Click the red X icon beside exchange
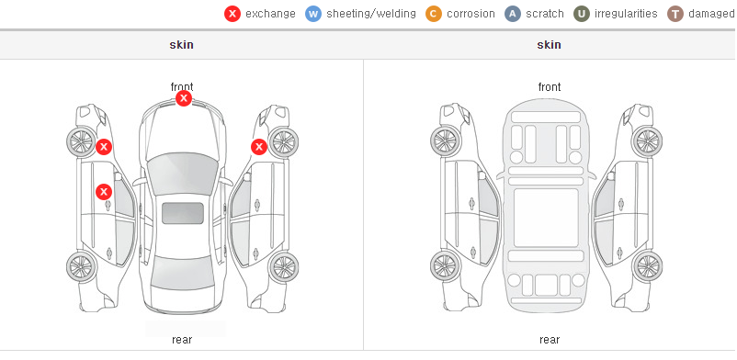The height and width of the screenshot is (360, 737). tap(232, 14)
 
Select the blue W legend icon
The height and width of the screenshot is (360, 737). tap(313, 14)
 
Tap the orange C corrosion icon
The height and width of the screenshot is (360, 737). tap(434, 14)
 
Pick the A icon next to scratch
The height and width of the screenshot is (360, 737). tap(513, 14)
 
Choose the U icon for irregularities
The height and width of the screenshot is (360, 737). tap(582, 14)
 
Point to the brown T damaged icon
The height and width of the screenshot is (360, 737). tap(675, 14)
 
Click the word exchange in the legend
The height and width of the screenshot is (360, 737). tap(270, 14)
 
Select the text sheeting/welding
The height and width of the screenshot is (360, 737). tap(371, 14)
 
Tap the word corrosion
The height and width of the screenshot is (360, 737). tap(471, 14)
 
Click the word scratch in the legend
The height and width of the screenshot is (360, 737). tap(545, 14)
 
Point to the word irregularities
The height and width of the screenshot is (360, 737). tap(626, 14)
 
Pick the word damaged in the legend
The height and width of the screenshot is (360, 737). tap(711, 14)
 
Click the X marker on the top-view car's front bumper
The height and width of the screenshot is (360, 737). tap(184, 98)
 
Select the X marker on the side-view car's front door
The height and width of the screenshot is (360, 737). tap(104, 192)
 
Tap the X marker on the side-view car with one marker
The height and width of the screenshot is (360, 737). tap(259, 147)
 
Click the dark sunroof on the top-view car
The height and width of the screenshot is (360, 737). tap(183, 213)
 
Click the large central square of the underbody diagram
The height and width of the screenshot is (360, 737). tap(546, 218)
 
